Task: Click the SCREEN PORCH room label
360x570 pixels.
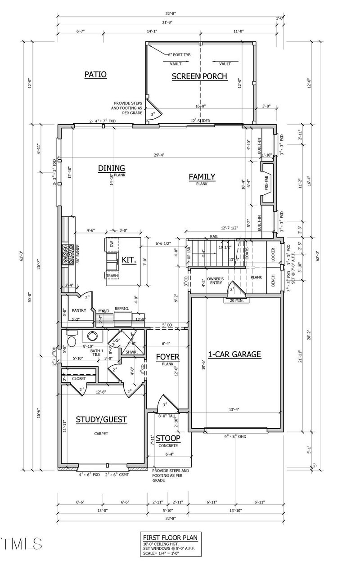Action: click(x=200, y=76)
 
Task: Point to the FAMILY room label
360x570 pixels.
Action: click(x=202, y=177)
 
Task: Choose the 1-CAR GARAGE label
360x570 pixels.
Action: click(x=234, y=354)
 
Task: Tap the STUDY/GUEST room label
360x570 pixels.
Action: click(x=101, y=420)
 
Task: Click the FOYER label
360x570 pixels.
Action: click(x=167, y=358)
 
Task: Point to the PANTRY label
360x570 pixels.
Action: click(x=79, y=310)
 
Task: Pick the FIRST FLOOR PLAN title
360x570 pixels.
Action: click(x=170, y=537)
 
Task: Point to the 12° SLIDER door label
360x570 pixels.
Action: click(x=200, y=121)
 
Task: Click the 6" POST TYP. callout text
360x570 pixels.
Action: click(x=180, y=54)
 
